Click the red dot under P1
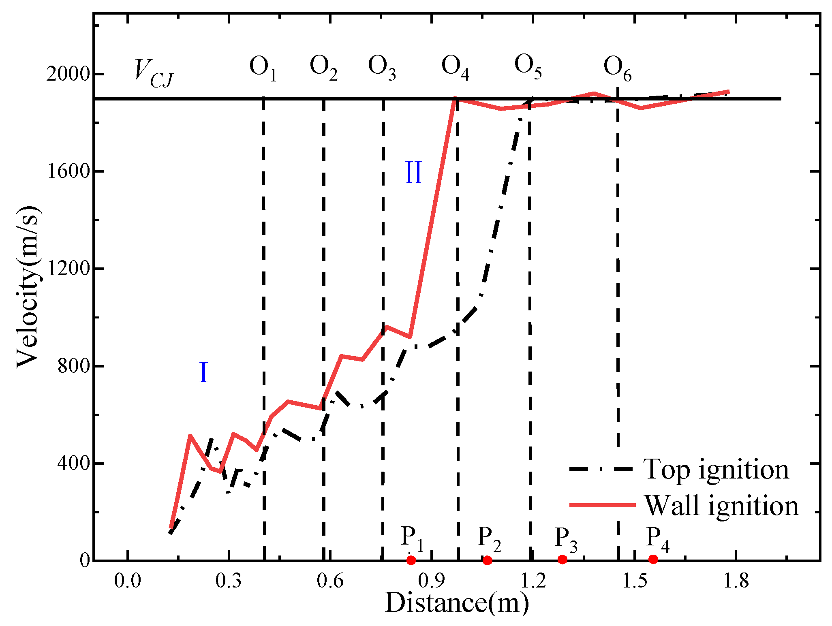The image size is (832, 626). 411,560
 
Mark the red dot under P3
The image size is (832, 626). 562,560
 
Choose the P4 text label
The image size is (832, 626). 657,539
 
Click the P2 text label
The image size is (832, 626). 489,539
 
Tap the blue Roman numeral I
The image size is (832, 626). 204,373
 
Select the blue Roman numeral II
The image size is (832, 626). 413,173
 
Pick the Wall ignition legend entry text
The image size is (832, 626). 721,506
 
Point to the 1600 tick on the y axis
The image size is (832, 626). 68,171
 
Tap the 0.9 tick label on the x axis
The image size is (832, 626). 431,581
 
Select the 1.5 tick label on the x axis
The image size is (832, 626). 634,581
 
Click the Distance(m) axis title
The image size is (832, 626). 457,603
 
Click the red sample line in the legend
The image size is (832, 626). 602,505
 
